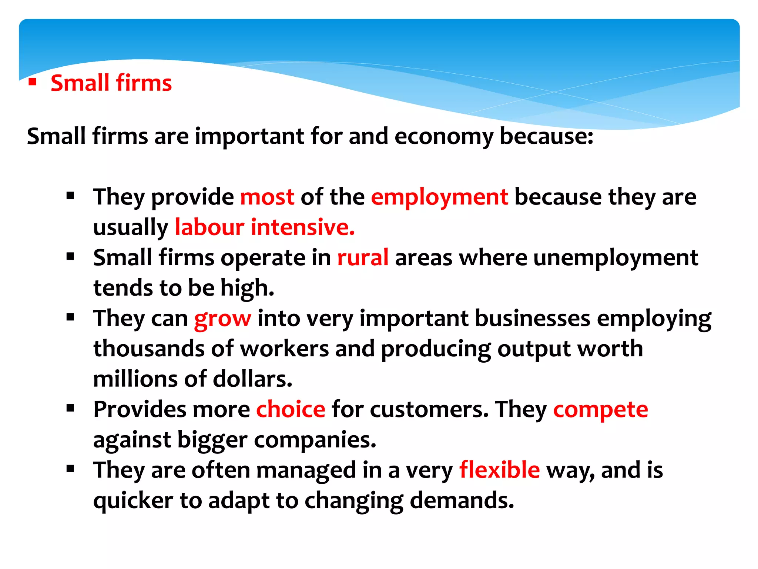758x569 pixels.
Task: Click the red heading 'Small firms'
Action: tap(111, 83)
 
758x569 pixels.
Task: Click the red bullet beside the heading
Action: tap(33, 81)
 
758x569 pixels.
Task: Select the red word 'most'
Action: tap(267, 197)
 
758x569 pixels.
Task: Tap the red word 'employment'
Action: tap(439, 197)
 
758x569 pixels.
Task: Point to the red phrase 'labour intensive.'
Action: tap(265, 227)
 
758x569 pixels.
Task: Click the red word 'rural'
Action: tap(363, 257)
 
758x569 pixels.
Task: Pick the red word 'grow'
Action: tap(222, 318)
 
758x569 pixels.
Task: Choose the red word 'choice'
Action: tap(291, 409)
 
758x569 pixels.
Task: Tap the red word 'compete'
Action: tap(600, 409)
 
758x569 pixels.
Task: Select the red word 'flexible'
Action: tap(499, 470)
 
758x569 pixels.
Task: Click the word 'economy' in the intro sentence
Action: tap(444, 136)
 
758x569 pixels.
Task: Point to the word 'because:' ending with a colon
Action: tap(547, 136)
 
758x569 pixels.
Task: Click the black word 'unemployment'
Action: tap(616, 257)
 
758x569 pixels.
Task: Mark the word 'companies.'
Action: tap(315, 440)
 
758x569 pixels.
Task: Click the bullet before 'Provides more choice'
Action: tap(70, 408)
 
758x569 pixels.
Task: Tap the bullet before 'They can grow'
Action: tap(70, 317)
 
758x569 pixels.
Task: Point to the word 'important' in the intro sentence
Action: tap(249, 136)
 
